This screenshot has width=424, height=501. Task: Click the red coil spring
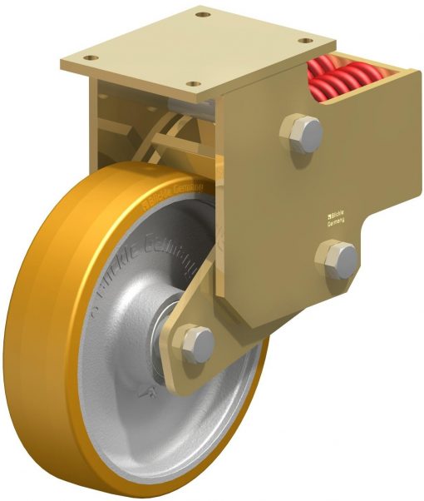[x=344, y=77]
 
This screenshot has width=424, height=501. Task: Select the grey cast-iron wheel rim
[x=141, y=391]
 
